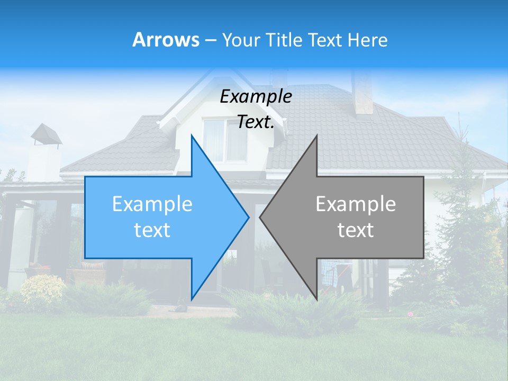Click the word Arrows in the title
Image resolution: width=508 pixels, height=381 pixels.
click(x=166, y=40)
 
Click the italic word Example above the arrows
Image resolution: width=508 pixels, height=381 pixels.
click(x=256, y=97)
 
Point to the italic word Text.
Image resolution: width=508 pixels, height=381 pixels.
click(x=256, y=122)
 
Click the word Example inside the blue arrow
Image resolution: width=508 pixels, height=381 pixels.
click(x=152, y=204)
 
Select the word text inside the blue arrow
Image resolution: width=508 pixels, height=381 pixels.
click(x=152, y=230)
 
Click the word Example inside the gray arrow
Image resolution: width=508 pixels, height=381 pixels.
click(x=356, y=204)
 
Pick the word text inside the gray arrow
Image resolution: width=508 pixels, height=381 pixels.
click(x=356, y=230)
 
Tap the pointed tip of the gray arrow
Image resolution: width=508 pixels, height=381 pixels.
click(x=260, y=217)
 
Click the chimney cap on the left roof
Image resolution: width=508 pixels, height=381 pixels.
click(x=46, y=134)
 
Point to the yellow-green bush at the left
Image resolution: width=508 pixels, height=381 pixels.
click(x=42, y=289)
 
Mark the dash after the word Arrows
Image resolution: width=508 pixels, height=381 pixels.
click(x=210, y=40)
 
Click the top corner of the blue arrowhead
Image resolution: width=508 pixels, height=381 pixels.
click(x=192, y=136)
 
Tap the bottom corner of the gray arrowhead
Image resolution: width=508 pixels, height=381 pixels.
click(x=317, y=299)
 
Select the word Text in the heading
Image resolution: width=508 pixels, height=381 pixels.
click(x=325, y=40)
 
